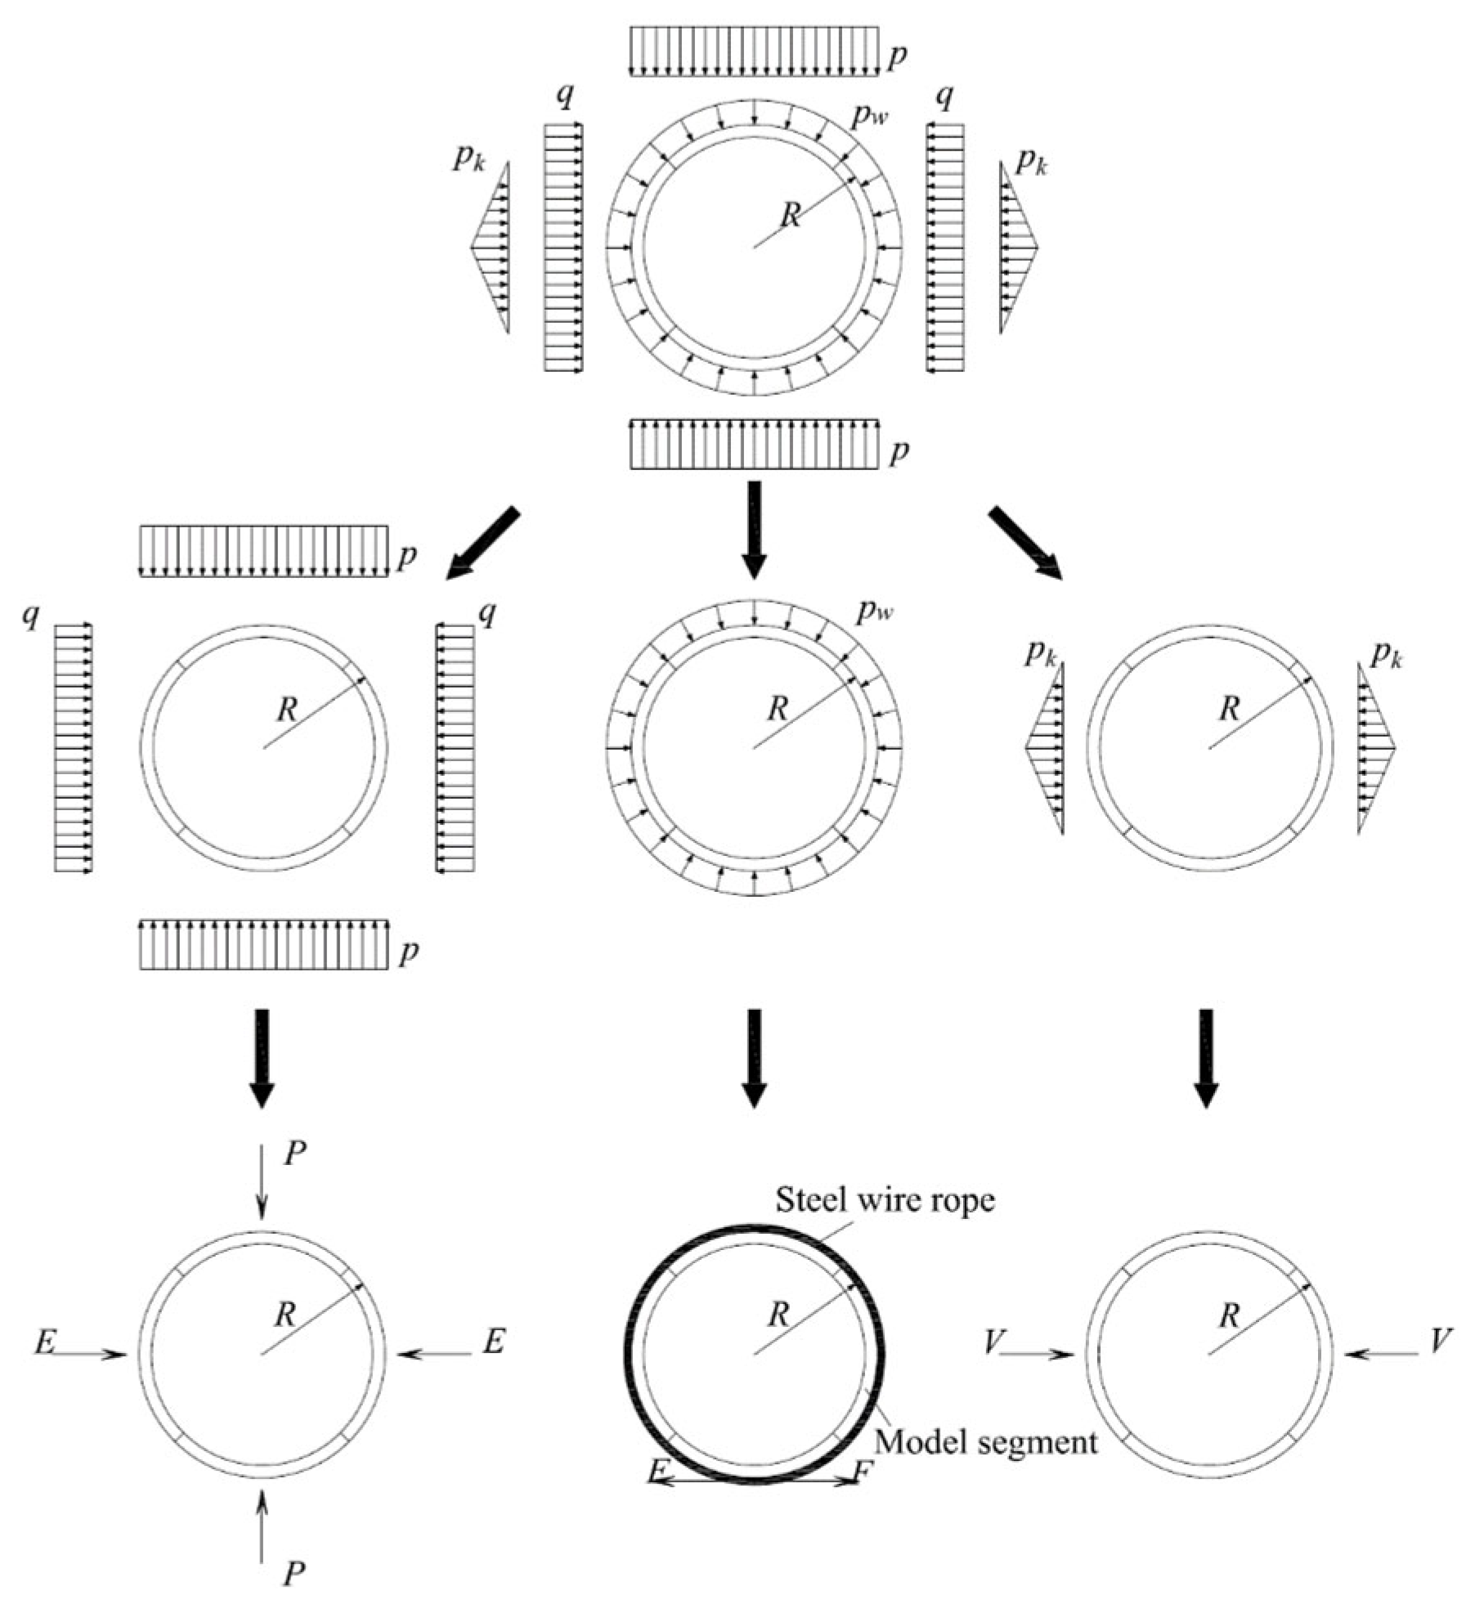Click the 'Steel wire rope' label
(885, 1199)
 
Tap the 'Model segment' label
(985, 1441)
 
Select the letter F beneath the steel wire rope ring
(863, 1472)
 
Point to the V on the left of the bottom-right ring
(993, 1342)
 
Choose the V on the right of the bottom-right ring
(1441, 1340)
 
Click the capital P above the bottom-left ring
(294, 1154)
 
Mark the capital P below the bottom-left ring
(294, 1572)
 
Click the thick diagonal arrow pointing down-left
(482, 543)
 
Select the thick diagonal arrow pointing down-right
(1025, 543)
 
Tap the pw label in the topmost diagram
(869, 117)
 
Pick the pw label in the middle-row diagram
(874, 612)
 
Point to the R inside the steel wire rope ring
(779, 1315)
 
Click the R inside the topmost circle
(791, 216)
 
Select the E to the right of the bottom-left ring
(493, 1342)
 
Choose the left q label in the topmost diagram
(564, 95)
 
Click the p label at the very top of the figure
(898, 56)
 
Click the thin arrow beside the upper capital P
(262, 1181)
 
